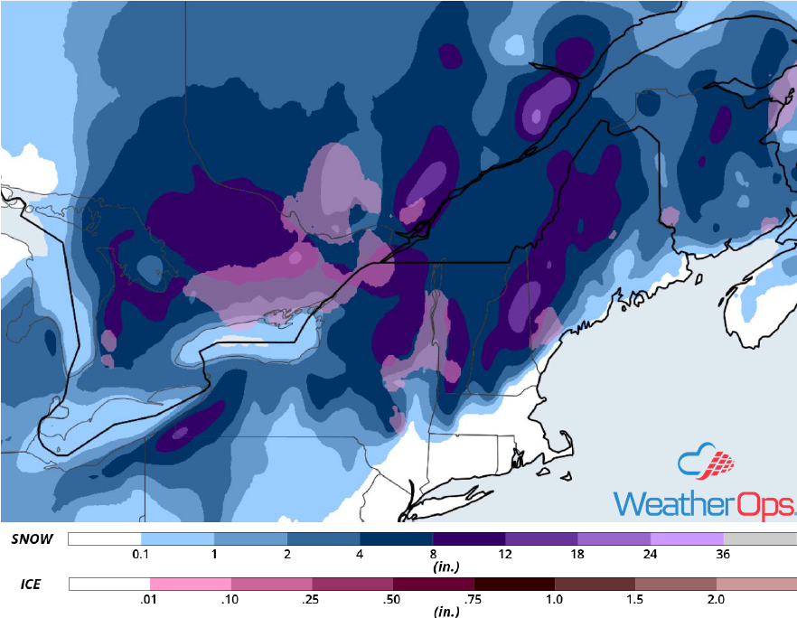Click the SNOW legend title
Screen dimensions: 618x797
[32, 539]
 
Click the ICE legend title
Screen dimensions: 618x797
[29, 585]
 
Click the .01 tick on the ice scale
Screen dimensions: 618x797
[149, 600]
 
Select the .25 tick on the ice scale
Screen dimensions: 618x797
[312, 600]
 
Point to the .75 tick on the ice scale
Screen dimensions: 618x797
[474, 600]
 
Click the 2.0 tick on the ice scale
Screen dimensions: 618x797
[717, 600]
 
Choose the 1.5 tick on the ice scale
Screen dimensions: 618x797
[635, 600]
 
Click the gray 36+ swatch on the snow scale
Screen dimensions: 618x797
[760, 538]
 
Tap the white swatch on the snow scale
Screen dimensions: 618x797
[104, 538]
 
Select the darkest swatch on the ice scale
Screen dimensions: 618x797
[514, 584]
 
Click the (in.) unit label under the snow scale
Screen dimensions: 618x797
[434, 569]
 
